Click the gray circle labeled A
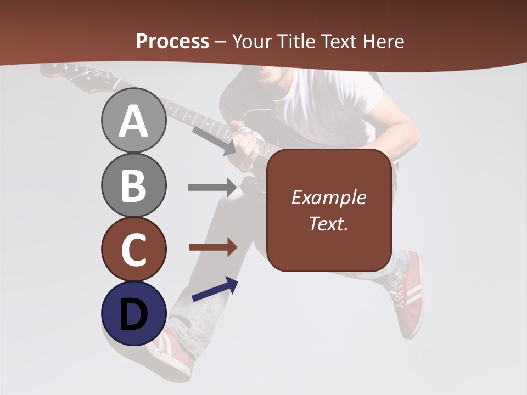click(133, 121)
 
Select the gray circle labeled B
click(133, 185)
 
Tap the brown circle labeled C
click(133, 249)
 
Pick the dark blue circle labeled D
click(133, 313)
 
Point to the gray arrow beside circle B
click(212, 187)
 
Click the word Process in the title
click(172, 41)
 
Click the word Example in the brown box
click(328, 198)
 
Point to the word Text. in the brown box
click(328, 223)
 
